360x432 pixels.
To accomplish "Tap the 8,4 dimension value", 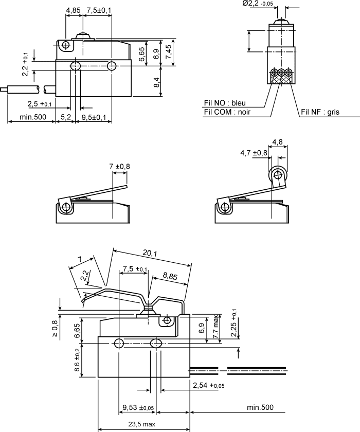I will tap(156, 81).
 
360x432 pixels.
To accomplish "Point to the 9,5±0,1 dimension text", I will tap(94, 118).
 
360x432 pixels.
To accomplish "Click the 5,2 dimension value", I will tap(65, 118).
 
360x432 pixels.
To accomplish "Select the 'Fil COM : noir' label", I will tap(227, 112).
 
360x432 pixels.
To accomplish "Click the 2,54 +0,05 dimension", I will tap(208, 385).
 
